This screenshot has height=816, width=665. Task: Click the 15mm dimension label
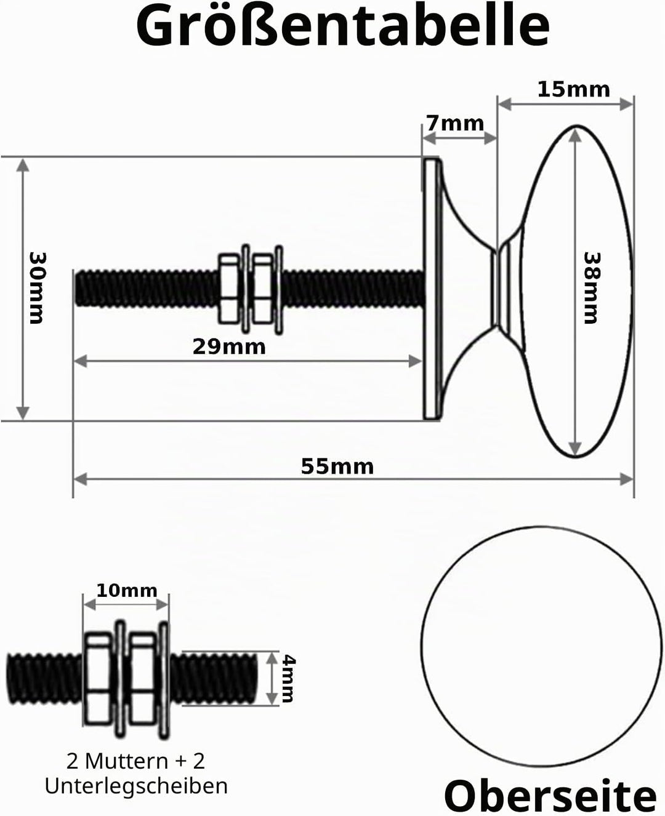573,90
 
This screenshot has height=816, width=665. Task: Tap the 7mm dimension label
456,123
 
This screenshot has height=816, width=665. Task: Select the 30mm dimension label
37,288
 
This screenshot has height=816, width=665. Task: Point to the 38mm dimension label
591,288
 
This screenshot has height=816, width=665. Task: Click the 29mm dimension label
229,347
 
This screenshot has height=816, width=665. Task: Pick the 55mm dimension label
337,466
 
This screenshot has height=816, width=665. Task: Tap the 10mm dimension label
126,591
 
